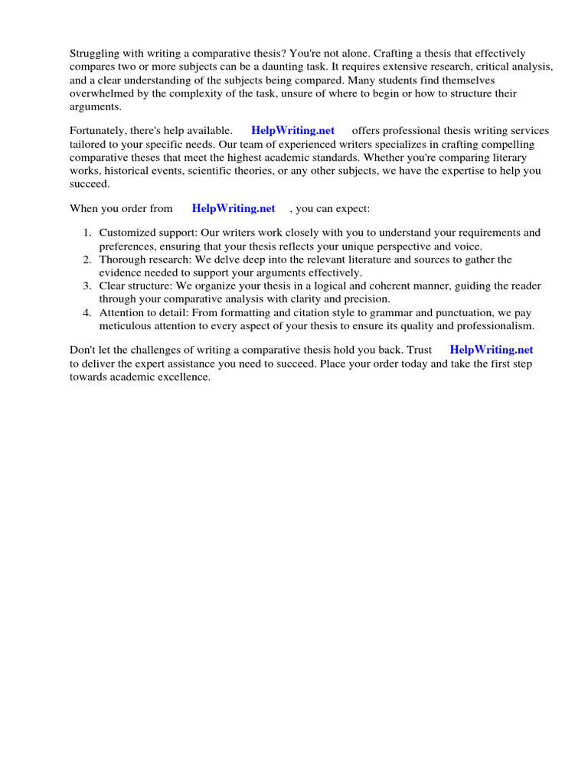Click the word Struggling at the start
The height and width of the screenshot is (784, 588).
[x=93, y=54]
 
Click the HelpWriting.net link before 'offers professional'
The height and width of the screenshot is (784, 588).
[x=292, y=130]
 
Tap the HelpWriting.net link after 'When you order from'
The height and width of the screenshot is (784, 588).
[x=234, y=208]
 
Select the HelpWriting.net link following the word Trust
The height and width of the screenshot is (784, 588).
[x=492, y=349]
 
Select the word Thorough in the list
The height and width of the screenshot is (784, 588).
[x=121, y=260]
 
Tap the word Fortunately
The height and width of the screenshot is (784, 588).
[x=99, y=130]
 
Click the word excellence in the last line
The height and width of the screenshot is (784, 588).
[x=184, y=377]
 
